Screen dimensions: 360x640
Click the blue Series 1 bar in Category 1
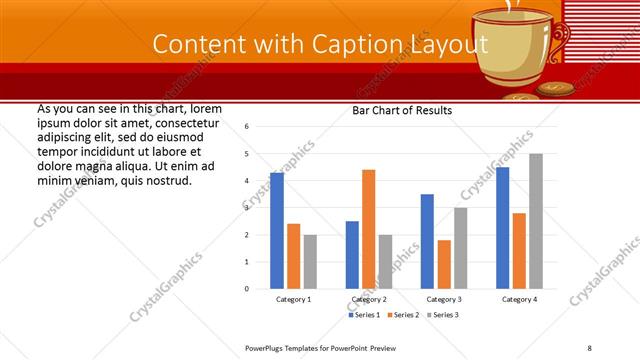(x=277, y=230)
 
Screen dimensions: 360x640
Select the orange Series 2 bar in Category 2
(x=368, y=229)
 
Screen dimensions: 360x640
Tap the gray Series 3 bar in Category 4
(x=536, y=221)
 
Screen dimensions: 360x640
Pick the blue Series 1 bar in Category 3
(x=427, y=241)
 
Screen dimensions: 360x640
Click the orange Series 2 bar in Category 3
(x=444, y=264)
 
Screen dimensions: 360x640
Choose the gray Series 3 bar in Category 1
(x=310, y=261)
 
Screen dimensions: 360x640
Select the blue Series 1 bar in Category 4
(x=502, y=227)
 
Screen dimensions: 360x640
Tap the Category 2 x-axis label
(x=368, y=299)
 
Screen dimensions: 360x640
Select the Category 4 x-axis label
(x=519, y=299)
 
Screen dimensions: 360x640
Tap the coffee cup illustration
(x=505, y=50)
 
